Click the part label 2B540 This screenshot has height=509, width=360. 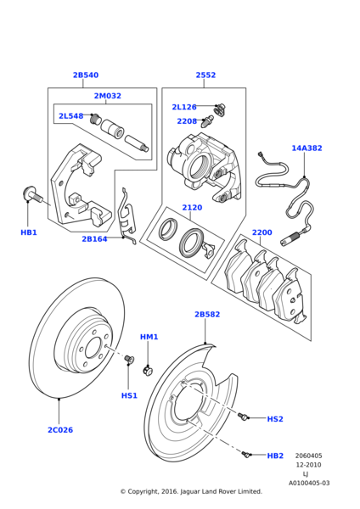point(85,76)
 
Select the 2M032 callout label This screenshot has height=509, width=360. point(107,97)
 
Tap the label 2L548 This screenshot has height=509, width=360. point(70,116)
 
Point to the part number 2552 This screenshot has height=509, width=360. point(205,76)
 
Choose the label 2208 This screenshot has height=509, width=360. point(187,121)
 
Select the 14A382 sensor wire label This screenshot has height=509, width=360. point(307,148)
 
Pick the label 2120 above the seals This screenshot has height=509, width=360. point(192,208)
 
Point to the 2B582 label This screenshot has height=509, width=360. point(206,315)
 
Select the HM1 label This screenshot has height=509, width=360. point(149,337)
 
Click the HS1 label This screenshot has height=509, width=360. point(129,395)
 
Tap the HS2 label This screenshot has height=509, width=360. point(275,419)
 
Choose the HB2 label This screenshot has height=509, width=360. point(275,456)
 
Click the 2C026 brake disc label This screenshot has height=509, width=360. point(59,430)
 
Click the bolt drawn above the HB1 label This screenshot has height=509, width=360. point(32,196)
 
